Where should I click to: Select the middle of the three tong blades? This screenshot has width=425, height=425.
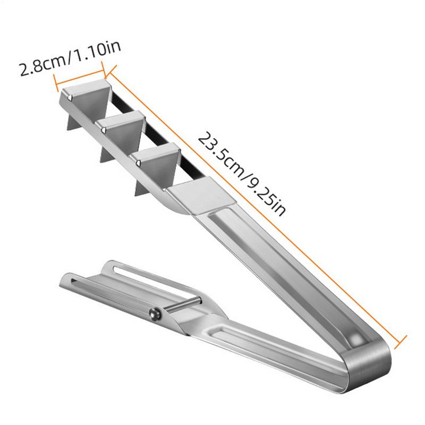pos(123,130)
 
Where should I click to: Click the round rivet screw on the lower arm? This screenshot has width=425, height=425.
pos(155,314)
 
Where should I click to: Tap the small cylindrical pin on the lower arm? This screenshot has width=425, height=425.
pos(183,304)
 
